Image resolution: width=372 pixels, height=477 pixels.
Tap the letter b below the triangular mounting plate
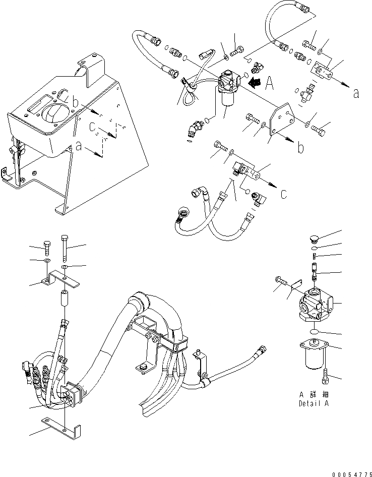300,149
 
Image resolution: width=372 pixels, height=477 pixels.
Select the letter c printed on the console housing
93,129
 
